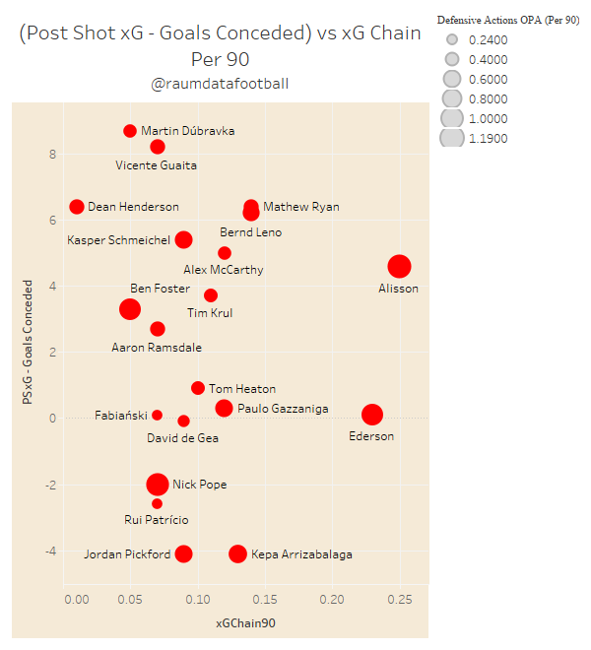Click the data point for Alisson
point(399,266)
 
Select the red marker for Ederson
point(371,415)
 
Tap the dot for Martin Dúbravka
point(130,131)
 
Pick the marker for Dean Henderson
point(77,207)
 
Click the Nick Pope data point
point(158,484)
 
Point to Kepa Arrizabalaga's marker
point(237,553)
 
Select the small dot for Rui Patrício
point(157,503)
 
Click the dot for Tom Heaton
point(198,388)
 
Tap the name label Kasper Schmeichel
point(118,240)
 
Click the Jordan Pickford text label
point(127,554)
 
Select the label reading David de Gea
point(182,437)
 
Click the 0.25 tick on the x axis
point(399,599)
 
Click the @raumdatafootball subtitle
point(220,85)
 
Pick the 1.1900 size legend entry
point(489,139)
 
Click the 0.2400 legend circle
point(452,40)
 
